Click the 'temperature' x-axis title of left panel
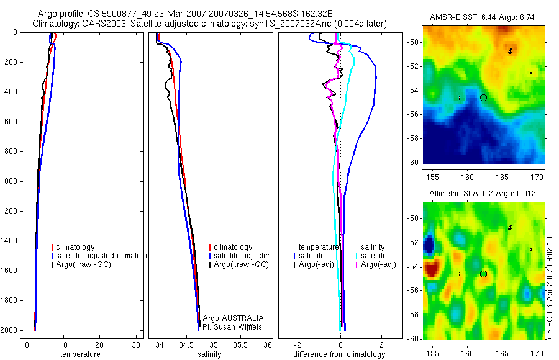(80, 354)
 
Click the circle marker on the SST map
(484, 97)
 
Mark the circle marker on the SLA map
(484, 274)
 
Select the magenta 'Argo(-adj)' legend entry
(378, 265)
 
